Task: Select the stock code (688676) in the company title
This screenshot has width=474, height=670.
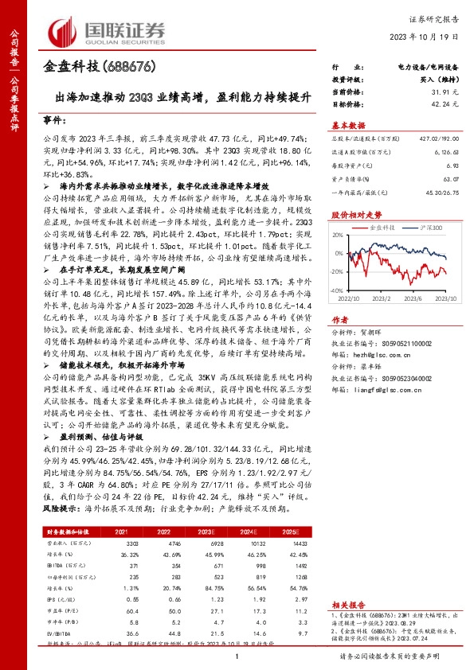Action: (x=126, y=66)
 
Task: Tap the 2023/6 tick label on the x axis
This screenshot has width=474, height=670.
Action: (x=409, y=299)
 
